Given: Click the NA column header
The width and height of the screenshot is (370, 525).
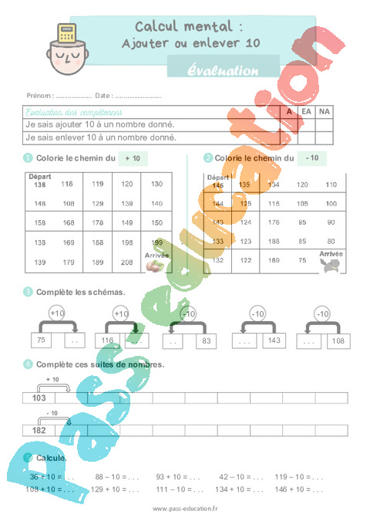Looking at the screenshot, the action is pos(324,112).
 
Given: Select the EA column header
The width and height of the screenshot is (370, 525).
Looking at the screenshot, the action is pos(306,112).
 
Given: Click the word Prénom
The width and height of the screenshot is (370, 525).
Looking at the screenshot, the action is pos(39,96).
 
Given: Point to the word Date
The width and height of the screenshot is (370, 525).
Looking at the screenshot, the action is pos(103,96).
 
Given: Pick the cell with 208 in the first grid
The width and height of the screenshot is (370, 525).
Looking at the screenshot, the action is pos(126,262).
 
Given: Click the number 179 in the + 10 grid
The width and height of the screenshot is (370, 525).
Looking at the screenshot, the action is pos(69,262).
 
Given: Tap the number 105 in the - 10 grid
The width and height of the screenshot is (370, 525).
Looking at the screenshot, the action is pos(303,203).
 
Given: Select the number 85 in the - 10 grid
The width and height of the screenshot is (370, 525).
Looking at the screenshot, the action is pos(303,241).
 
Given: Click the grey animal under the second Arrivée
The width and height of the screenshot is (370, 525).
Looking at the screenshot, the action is pos(331,265).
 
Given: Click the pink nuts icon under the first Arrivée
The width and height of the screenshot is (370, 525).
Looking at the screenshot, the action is pos(156,266).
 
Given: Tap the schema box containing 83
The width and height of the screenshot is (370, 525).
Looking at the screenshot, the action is pos(204,340).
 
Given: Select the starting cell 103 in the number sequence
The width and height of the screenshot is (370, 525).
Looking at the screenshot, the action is pos(39,398).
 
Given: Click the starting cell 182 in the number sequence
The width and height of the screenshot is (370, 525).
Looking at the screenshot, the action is pos(39,430).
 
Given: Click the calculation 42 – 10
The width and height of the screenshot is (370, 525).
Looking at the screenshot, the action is pos(231,477).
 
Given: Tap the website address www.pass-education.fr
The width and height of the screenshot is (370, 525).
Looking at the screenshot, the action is pos(185,508).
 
